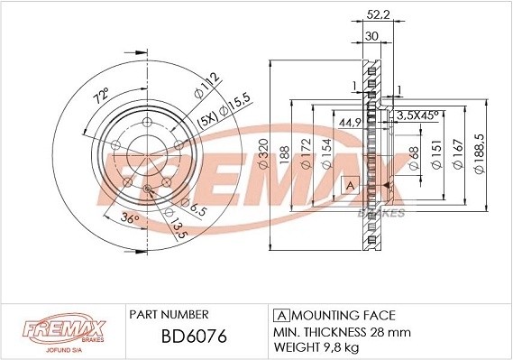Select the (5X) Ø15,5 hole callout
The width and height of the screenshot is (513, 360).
[222, 111]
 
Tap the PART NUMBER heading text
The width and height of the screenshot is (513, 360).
[169, 314]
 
